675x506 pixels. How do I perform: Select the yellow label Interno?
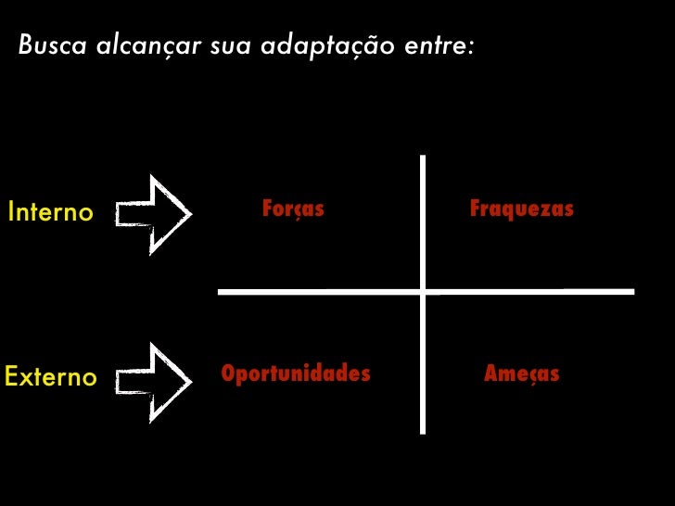[x=50, y=212]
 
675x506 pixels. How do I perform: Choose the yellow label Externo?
[x=51, y=377]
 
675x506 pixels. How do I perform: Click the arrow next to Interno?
[x=154, y=214]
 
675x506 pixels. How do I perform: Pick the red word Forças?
[x=293, y=209]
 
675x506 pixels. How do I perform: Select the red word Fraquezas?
[x=522, y=209]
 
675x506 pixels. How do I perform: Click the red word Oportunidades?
[x=296, y=373]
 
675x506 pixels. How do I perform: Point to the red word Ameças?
[x=522, y=374]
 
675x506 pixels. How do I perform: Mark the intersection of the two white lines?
[x=424, y=292]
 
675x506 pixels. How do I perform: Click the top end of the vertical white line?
[x=424, y=157]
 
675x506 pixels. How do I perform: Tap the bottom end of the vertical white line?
[x=424, y=431]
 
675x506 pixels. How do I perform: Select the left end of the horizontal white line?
[x=220, y=292]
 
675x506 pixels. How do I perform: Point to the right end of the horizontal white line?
[x=632, y=292]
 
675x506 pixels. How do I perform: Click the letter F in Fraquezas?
[x=475, y=209]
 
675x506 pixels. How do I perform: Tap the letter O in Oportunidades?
[x=228, y=373]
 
